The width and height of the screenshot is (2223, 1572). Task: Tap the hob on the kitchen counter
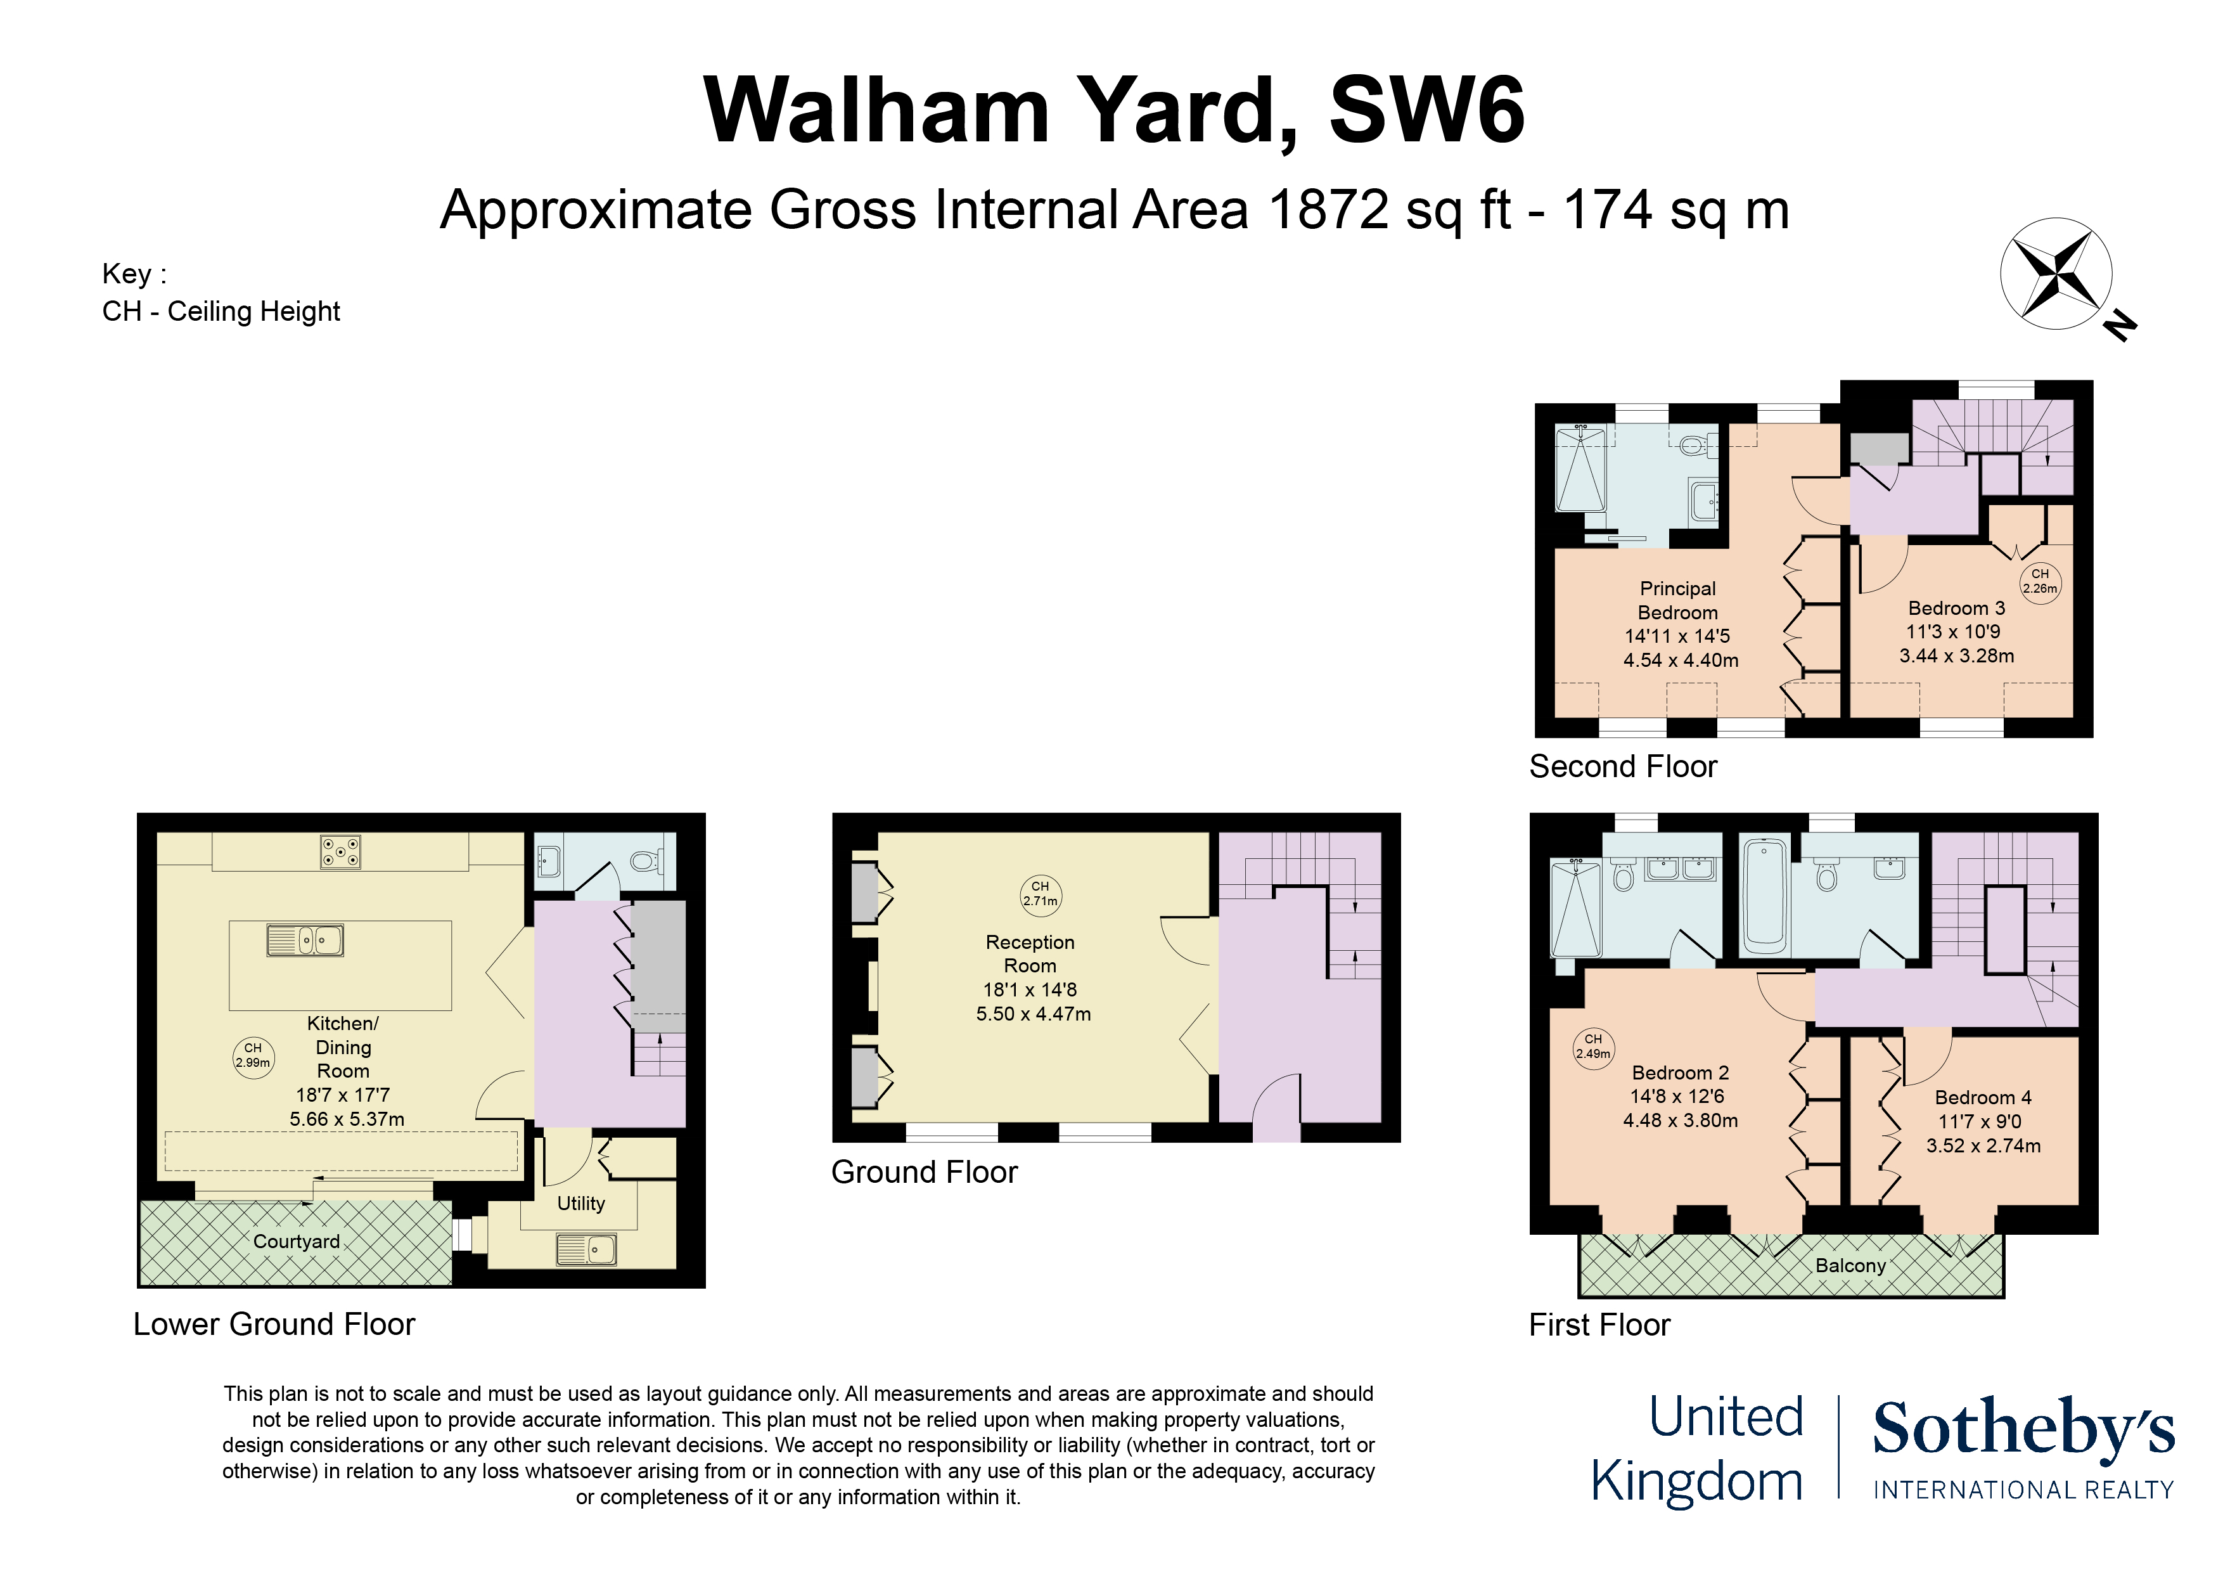[x=341, y=853]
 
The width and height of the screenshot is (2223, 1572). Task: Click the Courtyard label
[x=297, y=1242]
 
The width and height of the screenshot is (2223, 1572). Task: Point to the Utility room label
[x=581, y=1203]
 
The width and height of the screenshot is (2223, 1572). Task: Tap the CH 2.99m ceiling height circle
[x=253, y=1055]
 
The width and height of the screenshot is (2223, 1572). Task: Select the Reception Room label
[x=1030, y=953]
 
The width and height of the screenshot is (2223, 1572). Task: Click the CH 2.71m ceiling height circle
[x=1040, y=893]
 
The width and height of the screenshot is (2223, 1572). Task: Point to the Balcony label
[x=1850, y=1265]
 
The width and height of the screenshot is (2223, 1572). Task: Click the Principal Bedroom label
[x=1678, y=600]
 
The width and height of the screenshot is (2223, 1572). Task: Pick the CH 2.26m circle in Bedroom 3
[x=2040, y=581]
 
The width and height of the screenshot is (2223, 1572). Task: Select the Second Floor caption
[x=1623, y=766]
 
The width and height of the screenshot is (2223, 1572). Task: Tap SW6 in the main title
[x=1427, y=110]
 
